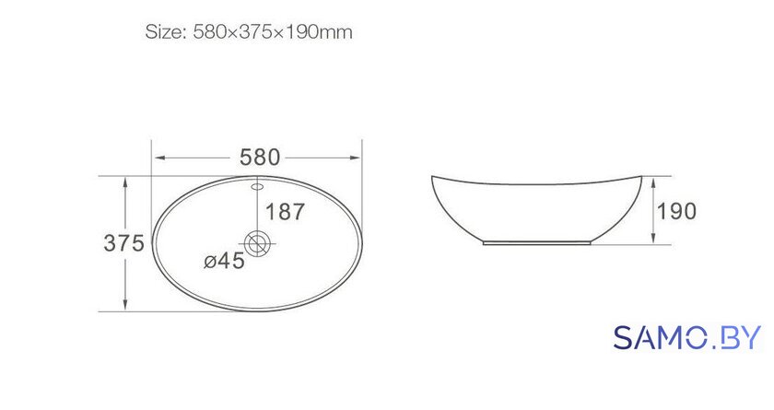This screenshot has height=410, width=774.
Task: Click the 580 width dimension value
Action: click(260, 158)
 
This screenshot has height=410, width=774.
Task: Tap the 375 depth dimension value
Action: click(123, 243)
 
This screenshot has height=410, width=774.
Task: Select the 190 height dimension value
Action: click(676, 211)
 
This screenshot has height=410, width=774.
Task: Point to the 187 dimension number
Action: click(286, 212)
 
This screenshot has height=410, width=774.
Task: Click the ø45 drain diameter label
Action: click(224, 261)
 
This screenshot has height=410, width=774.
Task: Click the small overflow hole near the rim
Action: click(258, 186)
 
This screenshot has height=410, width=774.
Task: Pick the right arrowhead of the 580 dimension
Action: click(355, 158)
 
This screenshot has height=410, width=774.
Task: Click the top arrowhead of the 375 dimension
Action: click(125, 182)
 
